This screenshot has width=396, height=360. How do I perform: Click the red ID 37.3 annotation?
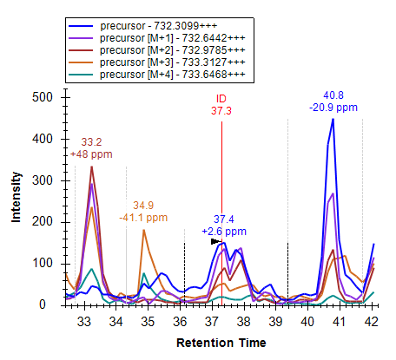(x=221, y=105)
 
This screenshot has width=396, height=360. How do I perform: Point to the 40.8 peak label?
(x=333, y=95)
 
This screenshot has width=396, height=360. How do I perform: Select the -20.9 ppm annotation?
(x=333, y=108)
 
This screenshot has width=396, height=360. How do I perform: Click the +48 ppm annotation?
(x=91, y=154)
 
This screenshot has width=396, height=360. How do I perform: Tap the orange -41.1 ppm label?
(x=143, y=218)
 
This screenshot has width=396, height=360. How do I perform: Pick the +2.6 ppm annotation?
(x=224, y=232)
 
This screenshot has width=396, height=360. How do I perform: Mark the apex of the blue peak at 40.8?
(x=333, y=119)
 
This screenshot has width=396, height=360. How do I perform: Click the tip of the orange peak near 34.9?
(x=143, y=230)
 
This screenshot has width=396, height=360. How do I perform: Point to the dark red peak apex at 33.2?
(x=92, y=167)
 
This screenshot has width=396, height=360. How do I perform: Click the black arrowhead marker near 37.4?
(x=216, y=241)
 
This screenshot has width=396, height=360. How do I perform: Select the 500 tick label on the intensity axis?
(x=43, y=97)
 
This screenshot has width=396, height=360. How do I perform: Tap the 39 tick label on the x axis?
(x=275, y=321)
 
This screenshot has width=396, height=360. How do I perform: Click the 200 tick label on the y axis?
(x=43, y=222)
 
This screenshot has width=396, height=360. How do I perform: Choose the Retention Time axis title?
(x=221, y=343)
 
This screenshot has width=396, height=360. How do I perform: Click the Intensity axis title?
(x=16, y=198)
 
